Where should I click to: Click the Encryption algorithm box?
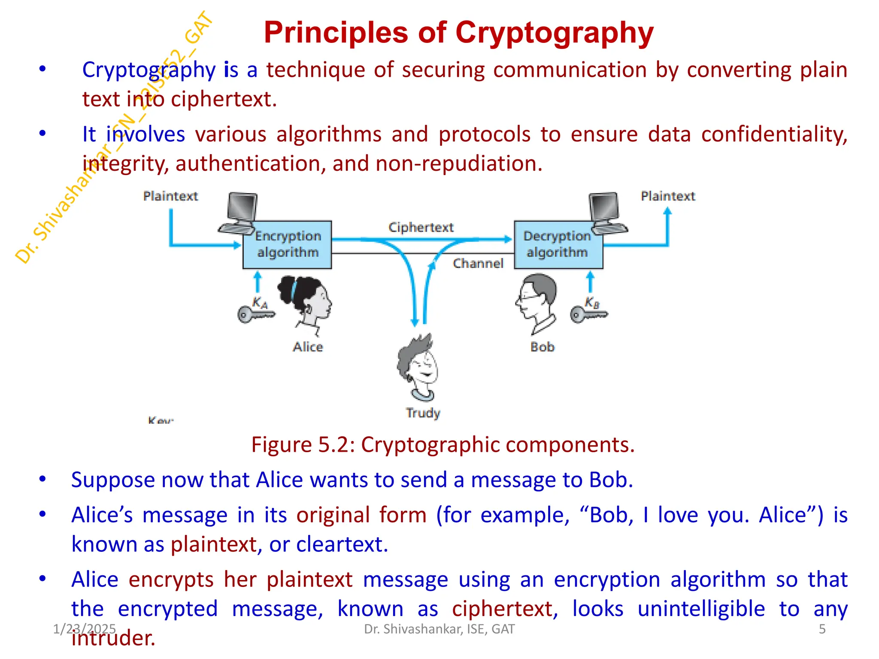point(287,245)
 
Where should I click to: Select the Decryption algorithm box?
point(558,245)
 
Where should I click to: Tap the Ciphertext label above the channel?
point(421,227)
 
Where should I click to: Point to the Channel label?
point(478,263)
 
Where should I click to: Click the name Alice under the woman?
point(308,347)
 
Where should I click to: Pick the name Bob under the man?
point(543,347)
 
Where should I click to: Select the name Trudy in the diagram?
point(423,413)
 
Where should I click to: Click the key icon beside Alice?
point(256,314)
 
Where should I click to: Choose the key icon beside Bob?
point(588,314)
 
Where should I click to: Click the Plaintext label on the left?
point(170,196)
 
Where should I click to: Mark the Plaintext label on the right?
point(668,196)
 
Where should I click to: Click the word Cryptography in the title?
point(554,33)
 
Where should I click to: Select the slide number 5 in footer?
point(822,629)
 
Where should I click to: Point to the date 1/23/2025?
point(84,629)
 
